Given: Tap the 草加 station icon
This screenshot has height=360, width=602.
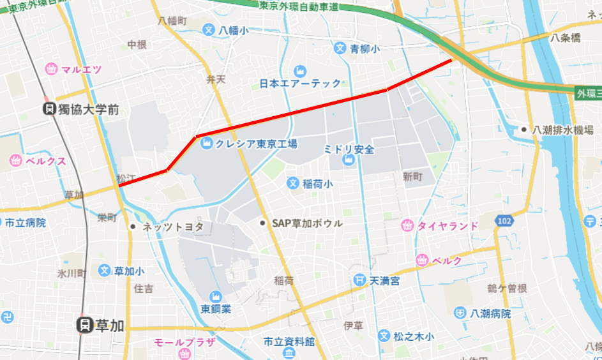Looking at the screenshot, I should pos(83,325).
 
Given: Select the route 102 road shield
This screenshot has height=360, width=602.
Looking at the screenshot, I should pos(504,221).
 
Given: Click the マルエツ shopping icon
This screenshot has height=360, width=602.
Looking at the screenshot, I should pos(52,69).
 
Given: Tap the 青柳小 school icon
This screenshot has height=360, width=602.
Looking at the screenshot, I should pos(340,48).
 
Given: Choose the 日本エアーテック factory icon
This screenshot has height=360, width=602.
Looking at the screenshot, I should pos(300,70).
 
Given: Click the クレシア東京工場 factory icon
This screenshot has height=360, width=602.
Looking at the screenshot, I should pos(206,144).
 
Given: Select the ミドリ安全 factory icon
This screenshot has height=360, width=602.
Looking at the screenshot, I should pos(349,163).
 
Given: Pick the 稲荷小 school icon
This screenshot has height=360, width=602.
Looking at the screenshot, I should pos(292,184).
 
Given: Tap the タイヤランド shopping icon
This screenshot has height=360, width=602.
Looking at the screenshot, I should pos(407,225).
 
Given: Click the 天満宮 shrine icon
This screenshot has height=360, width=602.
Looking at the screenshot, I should pos(361,280).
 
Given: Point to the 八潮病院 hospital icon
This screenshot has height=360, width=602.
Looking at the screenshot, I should pos(460,313).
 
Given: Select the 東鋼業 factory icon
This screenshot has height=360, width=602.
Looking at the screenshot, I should pos(215,296).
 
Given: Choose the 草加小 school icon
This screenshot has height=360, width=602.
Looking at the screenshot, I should pos(105,271).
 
